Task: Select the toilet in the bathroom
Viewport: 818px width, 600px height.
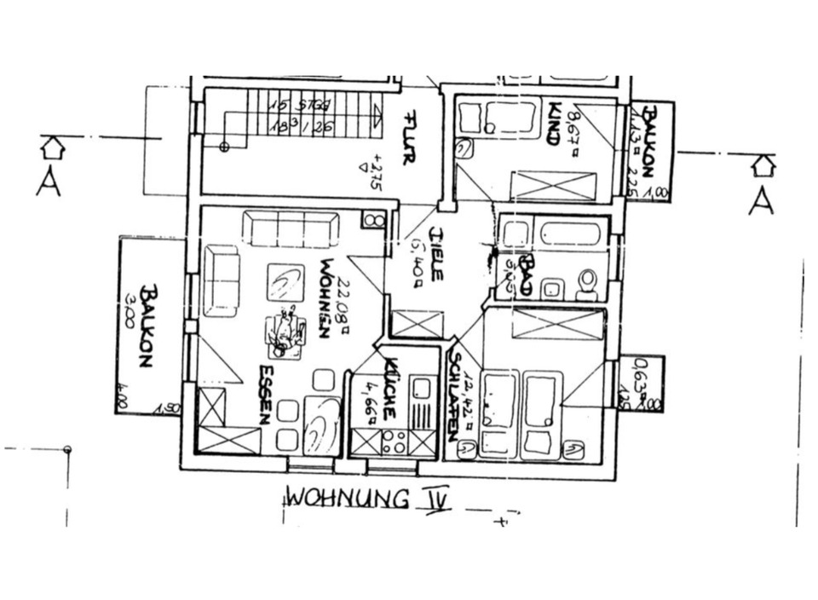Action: (586, 284)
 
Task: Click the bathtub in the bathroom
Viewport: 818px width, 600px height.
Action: (571, 234)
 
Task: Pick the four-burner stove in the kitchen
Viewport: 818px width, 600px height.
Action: (394, 441)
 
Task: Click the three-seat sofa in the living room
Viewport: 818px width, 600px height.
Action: (291, 229)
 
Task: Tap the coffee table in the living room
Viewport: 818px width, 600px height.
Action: (285, 282)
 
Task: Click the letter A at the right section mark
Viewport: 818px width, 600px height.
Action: (761, 201)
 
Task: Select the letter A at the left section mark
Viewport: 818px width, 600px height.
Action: (48, 183)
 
